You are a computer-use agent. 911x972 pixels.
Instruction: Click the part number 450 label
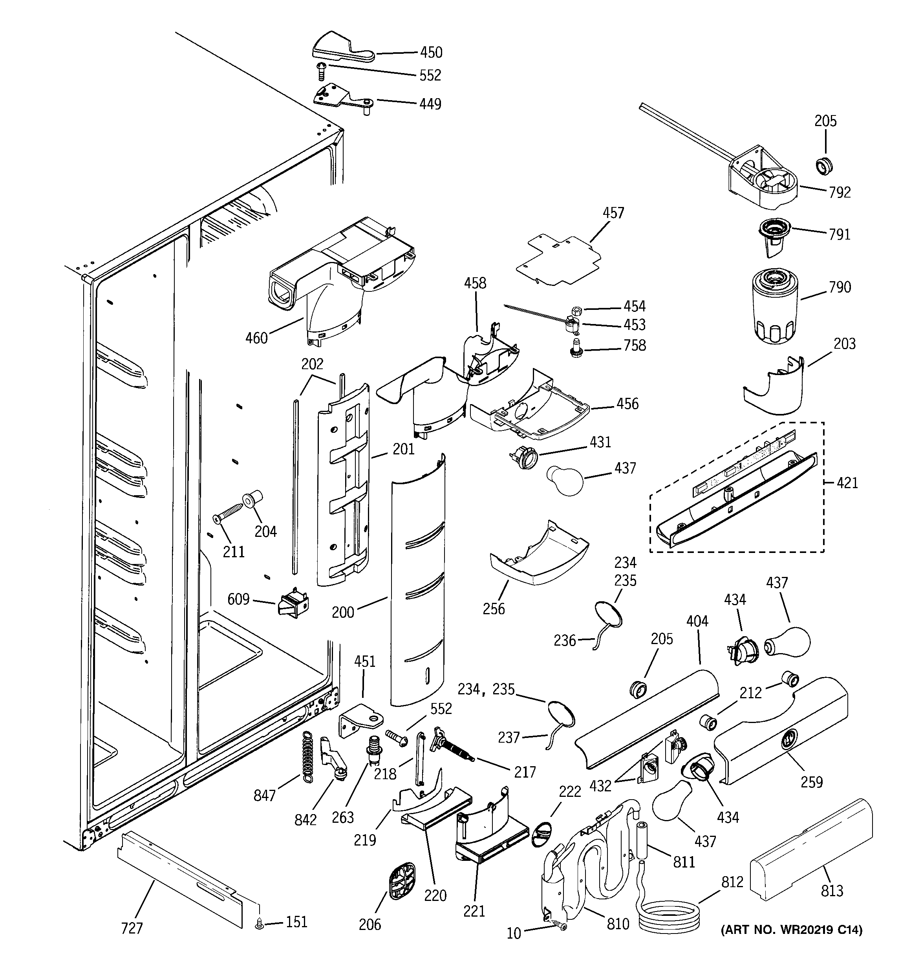tap(431, 52)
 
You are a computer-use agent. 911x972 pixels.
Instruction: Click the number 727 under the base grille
tap(132, 928)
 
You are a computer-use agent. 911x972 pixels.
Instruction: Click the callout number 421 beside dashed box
tap(847, 483)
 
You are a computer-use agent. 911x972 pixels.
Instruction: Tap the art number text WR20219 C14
tap(791, 930)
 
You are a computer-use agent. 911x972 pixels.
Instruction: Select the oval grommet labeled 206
tap(402, 880)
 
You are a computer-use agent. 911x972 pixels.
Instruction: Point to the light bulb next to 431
tap(563, 481)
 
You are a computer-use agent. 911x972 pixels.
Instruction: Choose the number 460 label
tap(256, 338)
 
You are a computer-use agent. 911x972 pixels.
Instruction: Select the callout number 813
tap(832, 890)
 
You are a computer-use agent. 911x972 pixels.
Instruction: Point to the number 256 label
tap(494, 609)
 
